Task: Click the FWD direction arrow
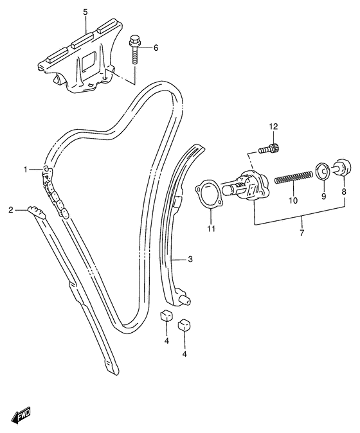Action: (x=21, y=413)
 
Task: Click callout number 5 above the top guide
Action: (x=85, y=12)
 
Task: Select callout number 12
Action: (x=273, y=127)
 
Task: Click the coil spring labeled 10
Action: (x=294, y=177)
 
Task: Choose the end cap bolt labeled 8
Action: (x=343, y=167)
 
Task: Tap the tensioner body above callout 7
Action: (x=246, y=186)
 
